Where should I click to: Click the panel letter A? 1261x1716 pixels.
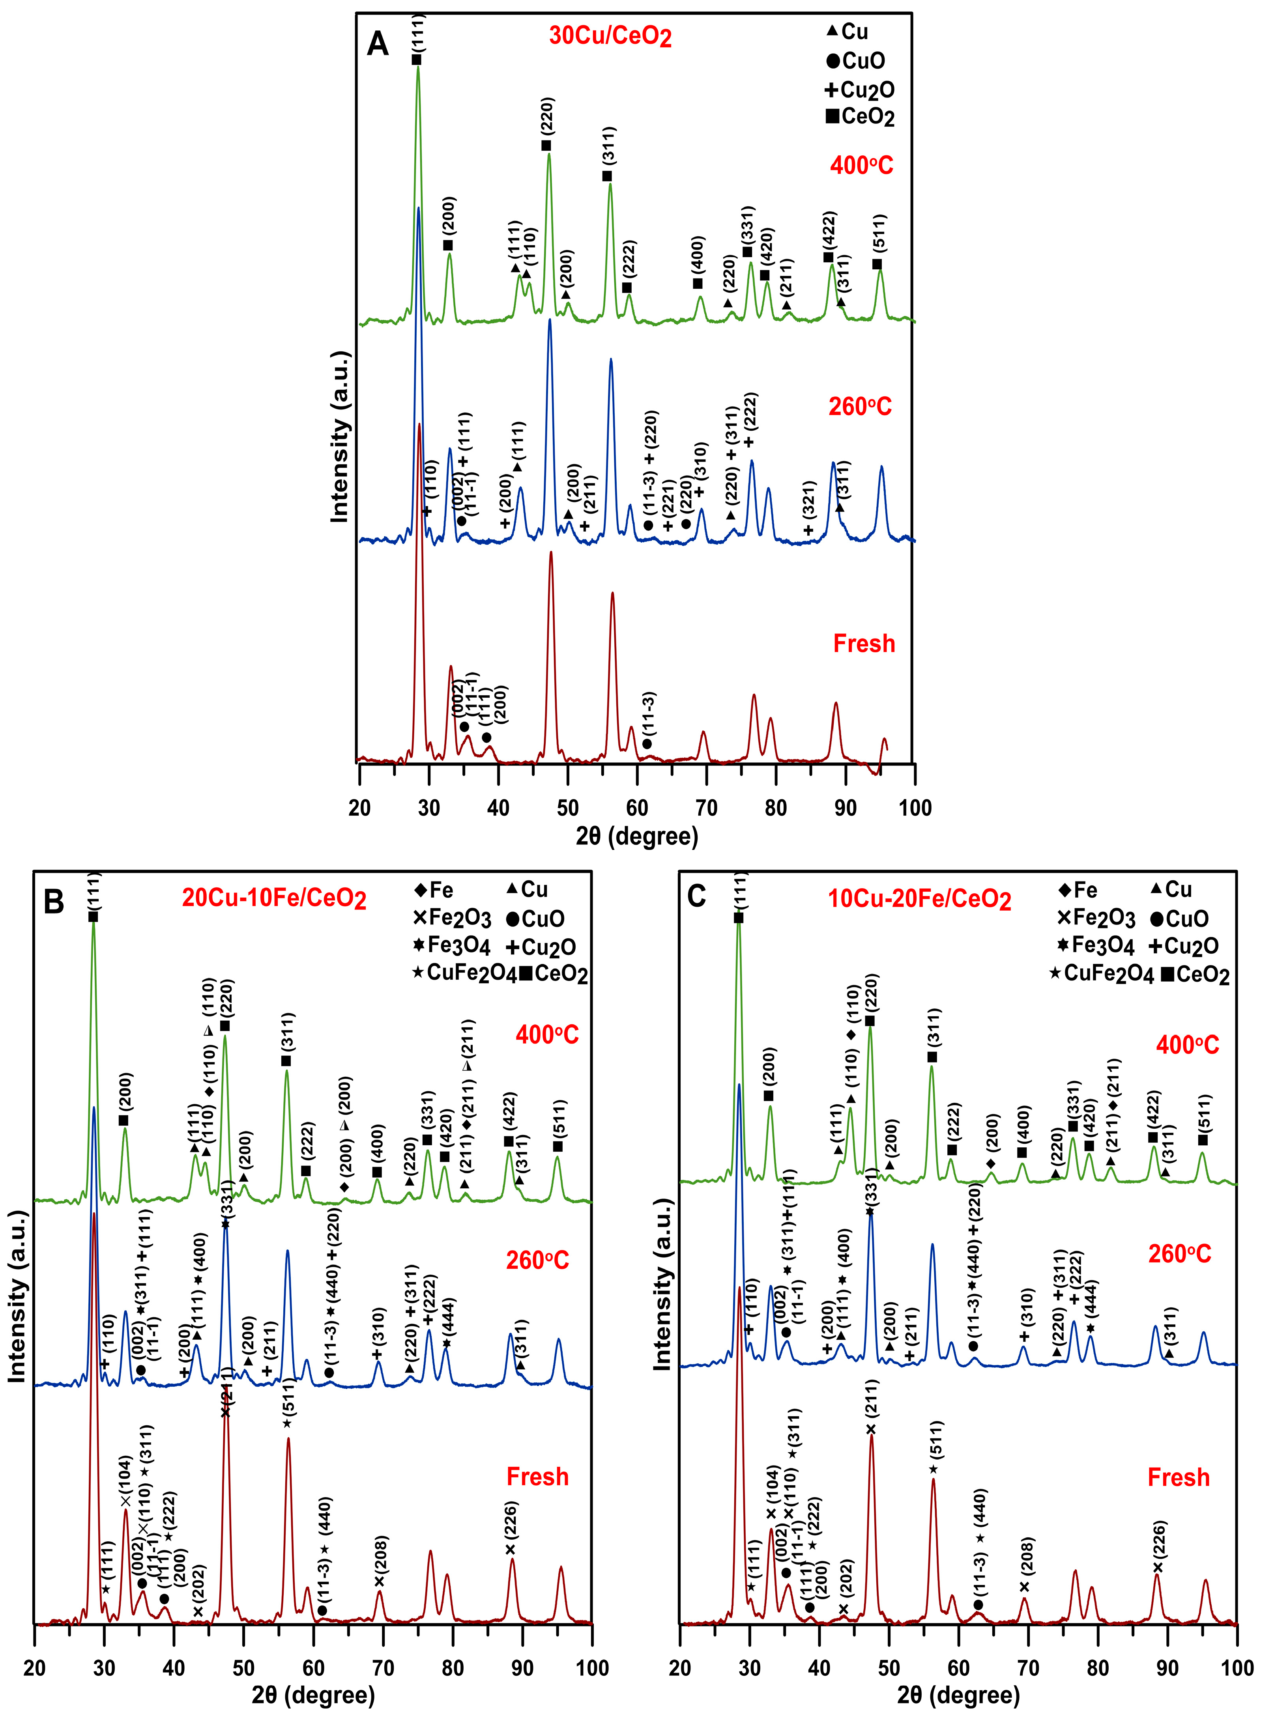click(x=378, y=44)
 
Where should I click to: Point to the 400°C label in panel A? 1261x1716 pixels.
click(x=861, y=165)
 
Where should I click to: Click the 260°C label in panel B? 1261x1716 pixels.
click(x=537, y=1260)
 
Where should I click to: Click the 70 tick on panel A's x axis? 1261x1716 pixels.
click(x=706, y=807)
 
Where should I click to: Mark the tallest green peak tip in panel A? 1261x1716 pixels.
click(x=417, y=67)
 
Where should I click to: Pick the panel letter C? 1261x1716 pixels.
click(x=696, y=896)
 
